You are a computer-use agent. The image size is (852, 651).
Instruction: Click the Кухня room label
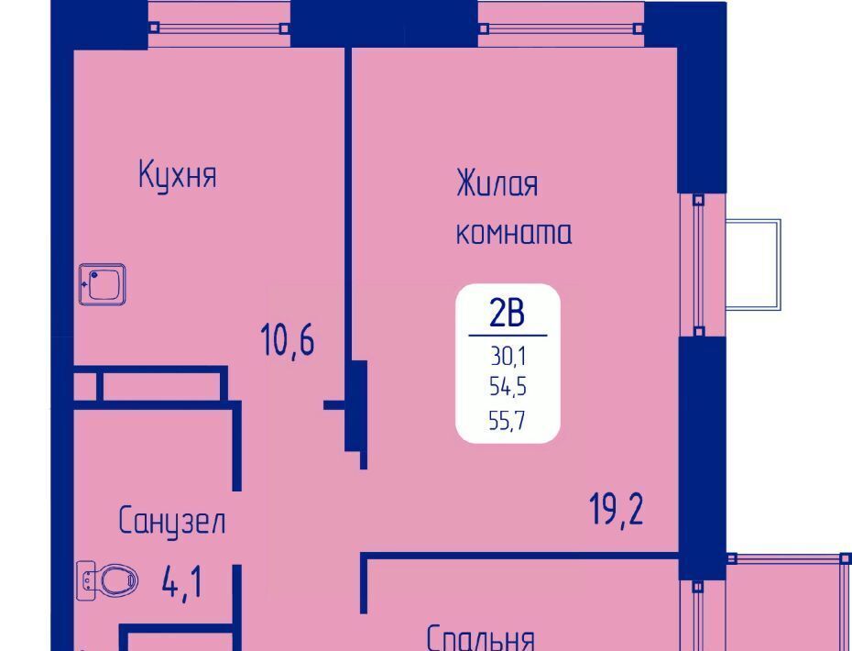point(178,174)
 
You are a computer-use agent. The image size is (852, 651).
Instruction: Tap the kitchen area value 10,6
point(288,339)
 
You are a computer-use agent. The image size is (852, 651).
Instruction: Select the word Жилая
point(497,183)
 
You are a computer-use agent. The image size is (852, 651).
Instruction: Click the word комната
point(513,233)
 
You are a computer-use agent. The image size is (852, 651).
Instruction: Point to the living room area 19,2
point(617,509)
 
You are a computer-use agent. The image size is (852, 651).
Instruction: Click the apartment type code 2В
point(507,314)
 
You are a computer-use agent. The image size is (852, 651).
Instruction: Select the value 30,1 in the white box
point(508,357)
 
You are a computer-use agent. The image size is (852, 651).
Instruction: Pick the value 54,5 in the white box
point(508,387)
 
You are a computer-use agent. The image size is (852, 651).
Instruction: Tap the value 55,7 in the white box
point(507,420)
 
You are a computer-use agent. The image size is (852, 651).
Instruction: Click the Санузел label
point(171,521)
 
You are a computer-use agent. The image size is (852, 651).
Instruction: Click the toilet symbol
point(107,580)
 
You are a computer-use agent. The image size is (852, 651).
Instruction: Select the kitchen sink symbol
point(103,284)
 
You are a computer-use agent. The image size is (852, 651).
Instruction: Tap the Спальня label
point(480,638)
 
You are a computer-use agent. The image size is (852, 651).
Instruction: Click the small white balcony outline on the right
point(753,264)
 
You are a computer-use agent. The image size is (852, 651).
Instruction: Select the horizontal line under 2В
point(508,336)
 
